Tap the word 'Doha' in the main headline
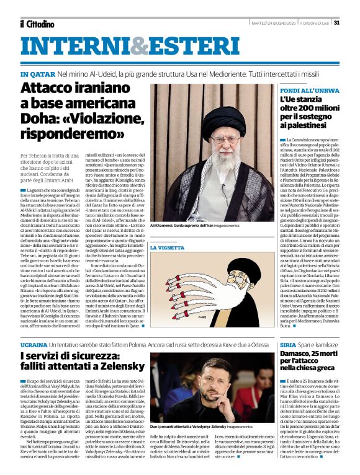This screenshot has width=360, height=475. (x=37, y=118)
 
